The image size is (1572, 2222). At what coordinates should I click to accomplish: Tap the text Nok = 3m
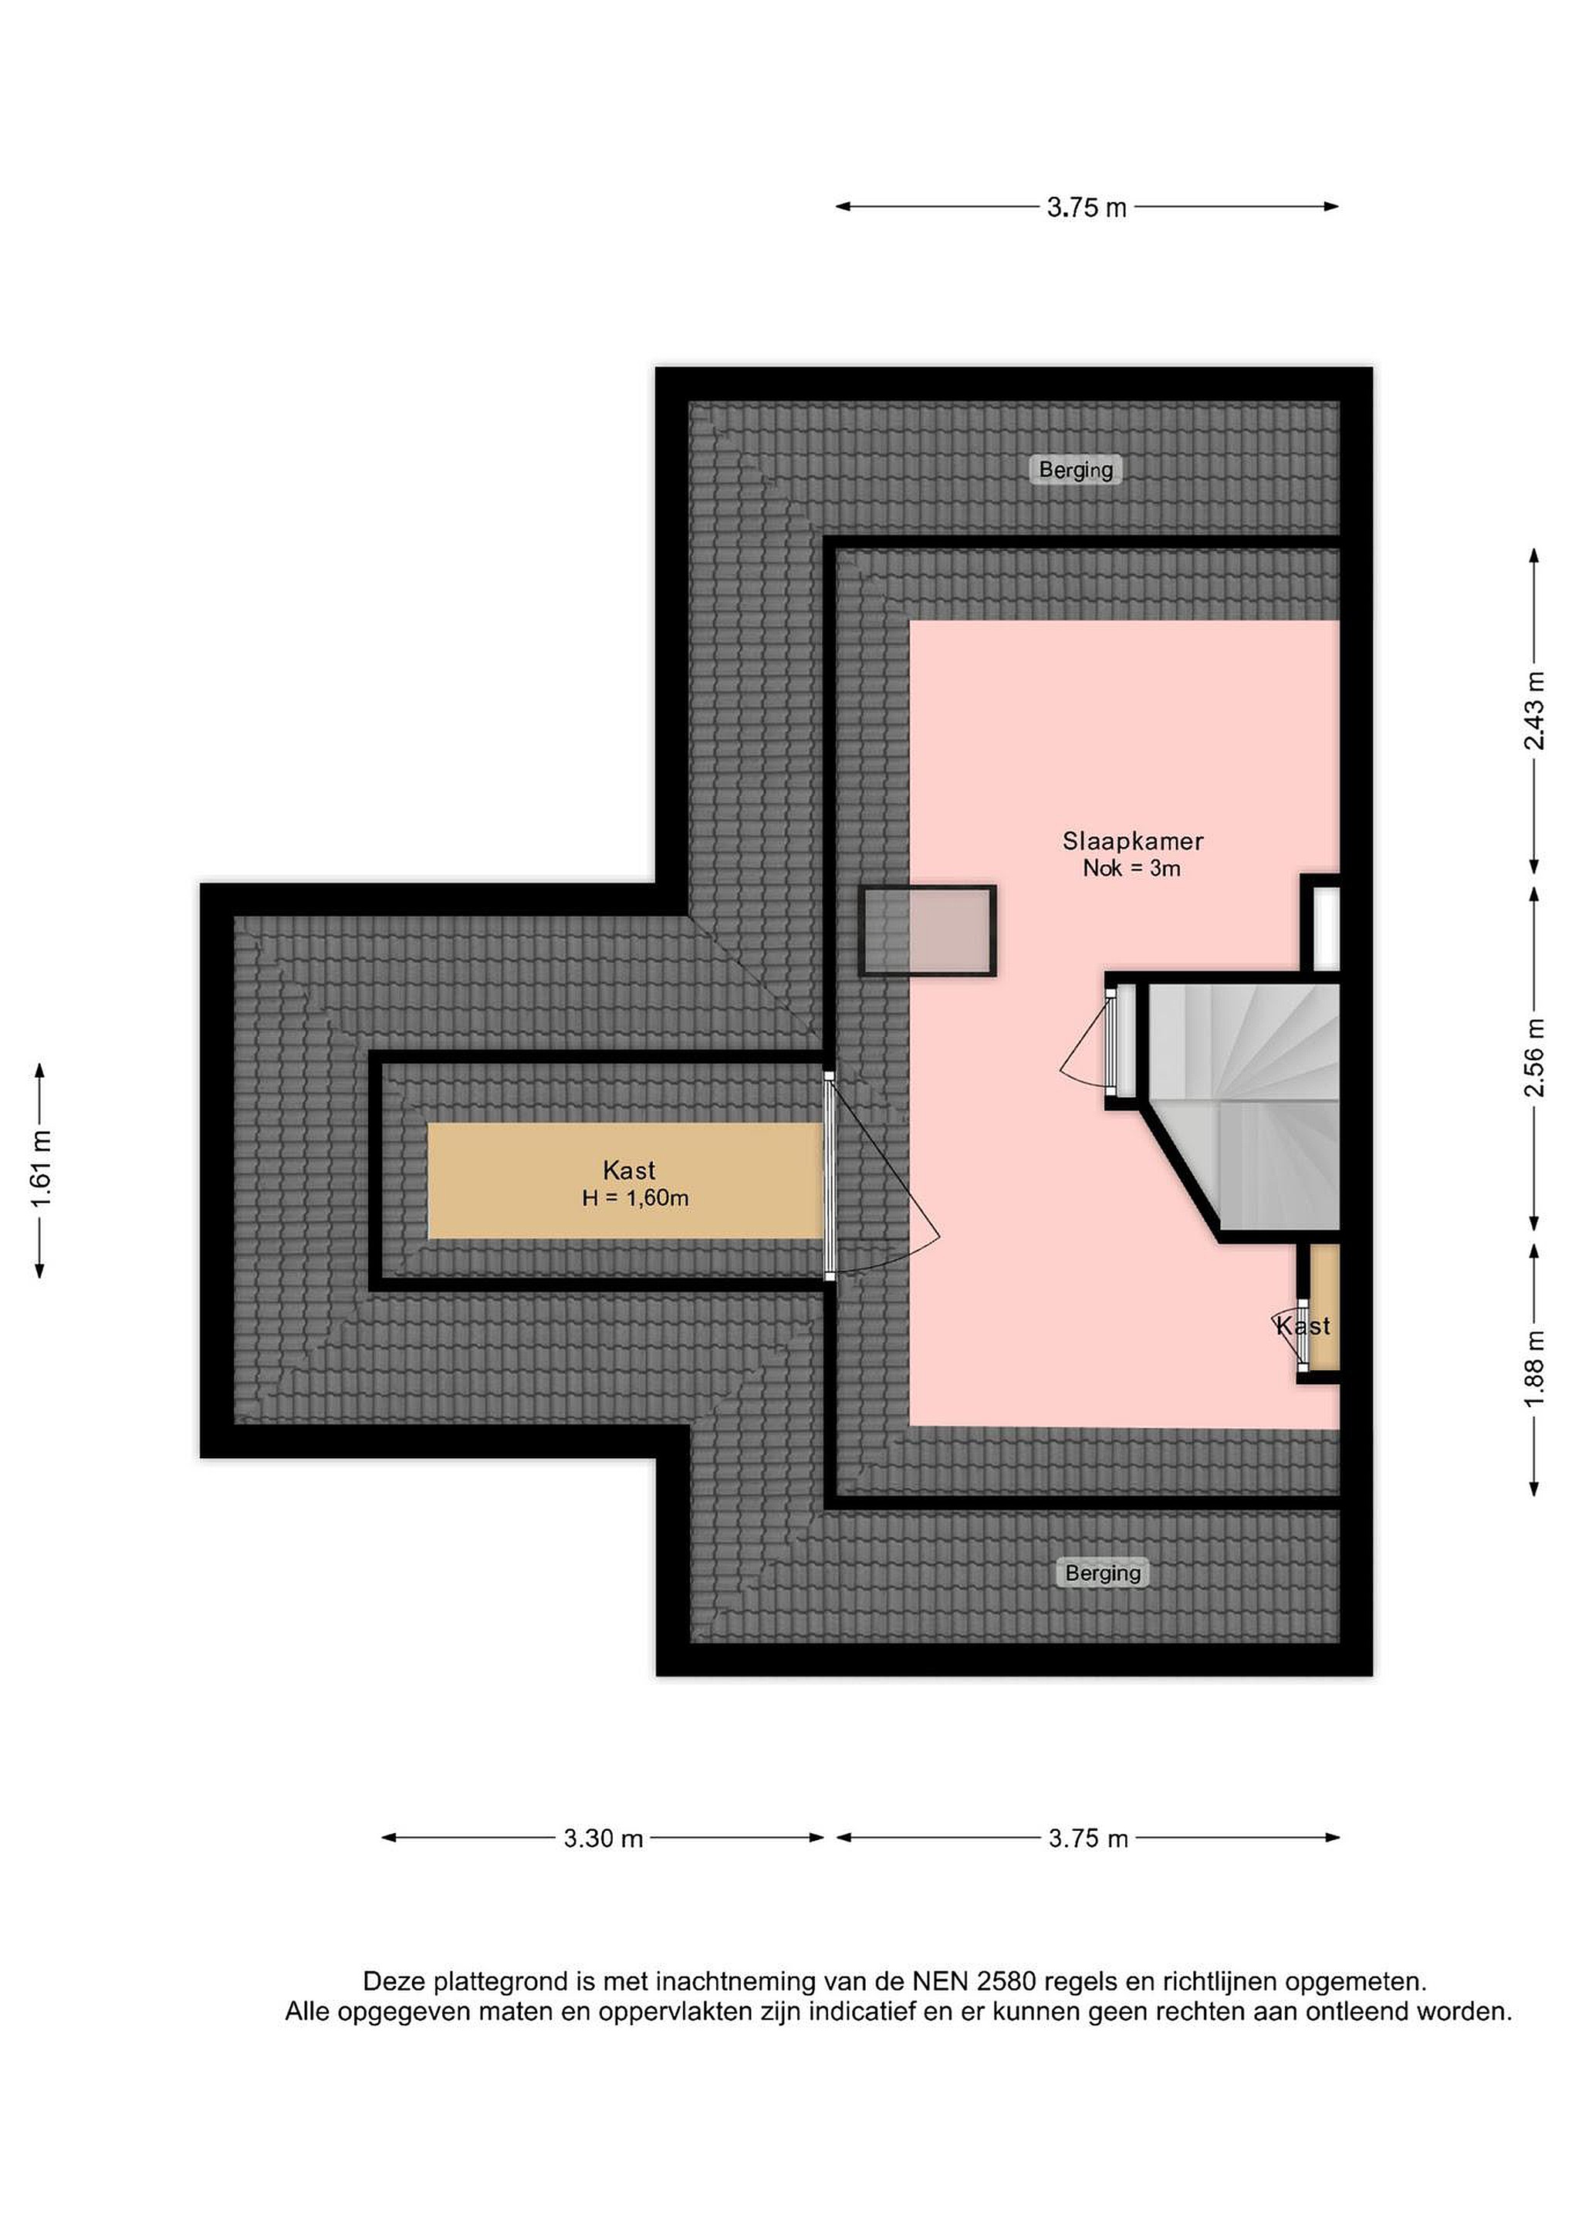click(1131, 868)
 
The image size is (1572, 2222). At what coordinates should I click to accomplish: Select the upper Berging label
click(1076, 469)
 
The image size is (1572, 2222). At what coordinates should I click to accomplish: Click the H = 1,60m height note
click(635, 1198)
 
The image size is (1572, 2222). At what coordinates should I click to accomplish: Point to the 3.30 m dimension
click(603, 1838)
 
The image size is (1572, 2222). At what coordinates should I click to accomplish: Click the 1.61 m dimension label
click(42, 1170)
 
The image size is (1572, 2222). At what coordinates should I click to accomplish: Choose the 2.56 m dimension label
click(1534, 1057)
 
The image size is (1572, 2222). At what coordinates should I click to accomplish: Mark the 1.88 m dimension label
click(1534, 1370)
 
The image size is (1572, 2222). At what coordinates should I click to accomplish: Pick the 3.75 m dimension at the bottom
click(1088, 1838)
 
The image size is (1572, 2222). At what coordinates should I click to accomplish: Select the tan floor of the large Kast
click(625, 1180)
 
